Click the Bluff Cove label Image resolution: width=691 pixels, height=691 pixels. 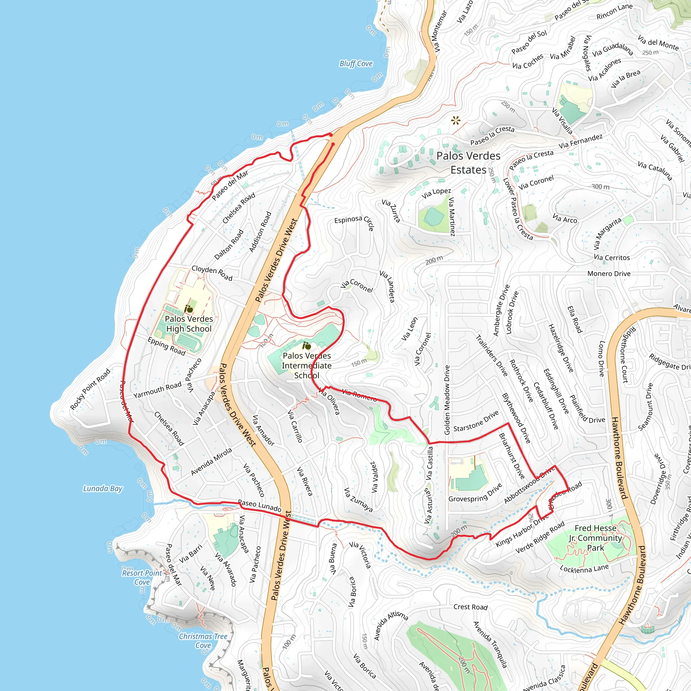pyautogui.click(x=356, y=64)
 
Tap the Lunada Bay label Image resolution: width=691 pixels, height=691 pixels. pyautogui.click(x=103, y=489)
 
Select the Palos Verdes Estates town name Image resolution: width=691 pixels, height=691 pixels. pyautogui.click(x=468, y=163)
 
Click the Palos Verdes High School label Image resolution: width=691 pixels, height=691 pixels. pyautogui.click(x=189, y=324)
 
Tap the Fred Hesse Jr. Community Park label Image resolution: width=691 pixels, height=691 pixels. pyautogui.click(x=595, y=538)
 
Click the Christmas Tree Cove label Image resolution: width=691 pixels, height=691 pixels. pyautogui.click(x=203, y=641)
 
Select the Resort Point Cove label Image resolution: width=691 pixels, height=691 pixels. pyautogui.click(x=142, y=578)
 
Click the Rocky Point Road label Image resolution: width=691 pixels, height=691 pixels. pyautogui.click(x=90, y=389)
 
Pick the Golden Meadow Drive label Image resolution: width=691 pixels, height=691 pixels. pyautogui.click(x=447, y=400)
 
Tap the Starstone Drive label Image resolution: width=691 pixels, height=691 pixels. pyautogui.click(x=476, y=421)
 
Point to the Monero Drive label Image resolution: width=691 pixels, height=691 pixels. pyautogui.click(x=609, y=274)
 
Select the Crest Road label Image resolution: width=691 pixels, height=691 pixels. pyautogui.click(x=470, y=607)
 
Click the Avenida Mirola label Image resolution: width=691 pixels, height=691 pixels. pyautogui.click(x=211, y=462)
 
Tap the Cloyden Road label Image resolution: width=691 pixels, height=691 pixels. pyautogui.click(x=212, y=273)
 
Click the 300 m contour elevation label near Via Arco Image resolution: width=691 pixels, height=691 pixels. pyautogui.click(x=600, y=187)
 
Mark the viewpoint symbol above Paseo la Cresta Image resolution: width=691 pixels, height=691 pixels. pyautogui.click(x=455, y=120)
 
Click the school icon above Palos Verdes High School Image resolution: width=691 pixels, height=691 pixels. pyautogui.click(x=189, y=309)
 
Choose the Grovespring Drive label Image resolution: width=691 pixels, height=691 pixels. pyautogui.click(x=475, y=493)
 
